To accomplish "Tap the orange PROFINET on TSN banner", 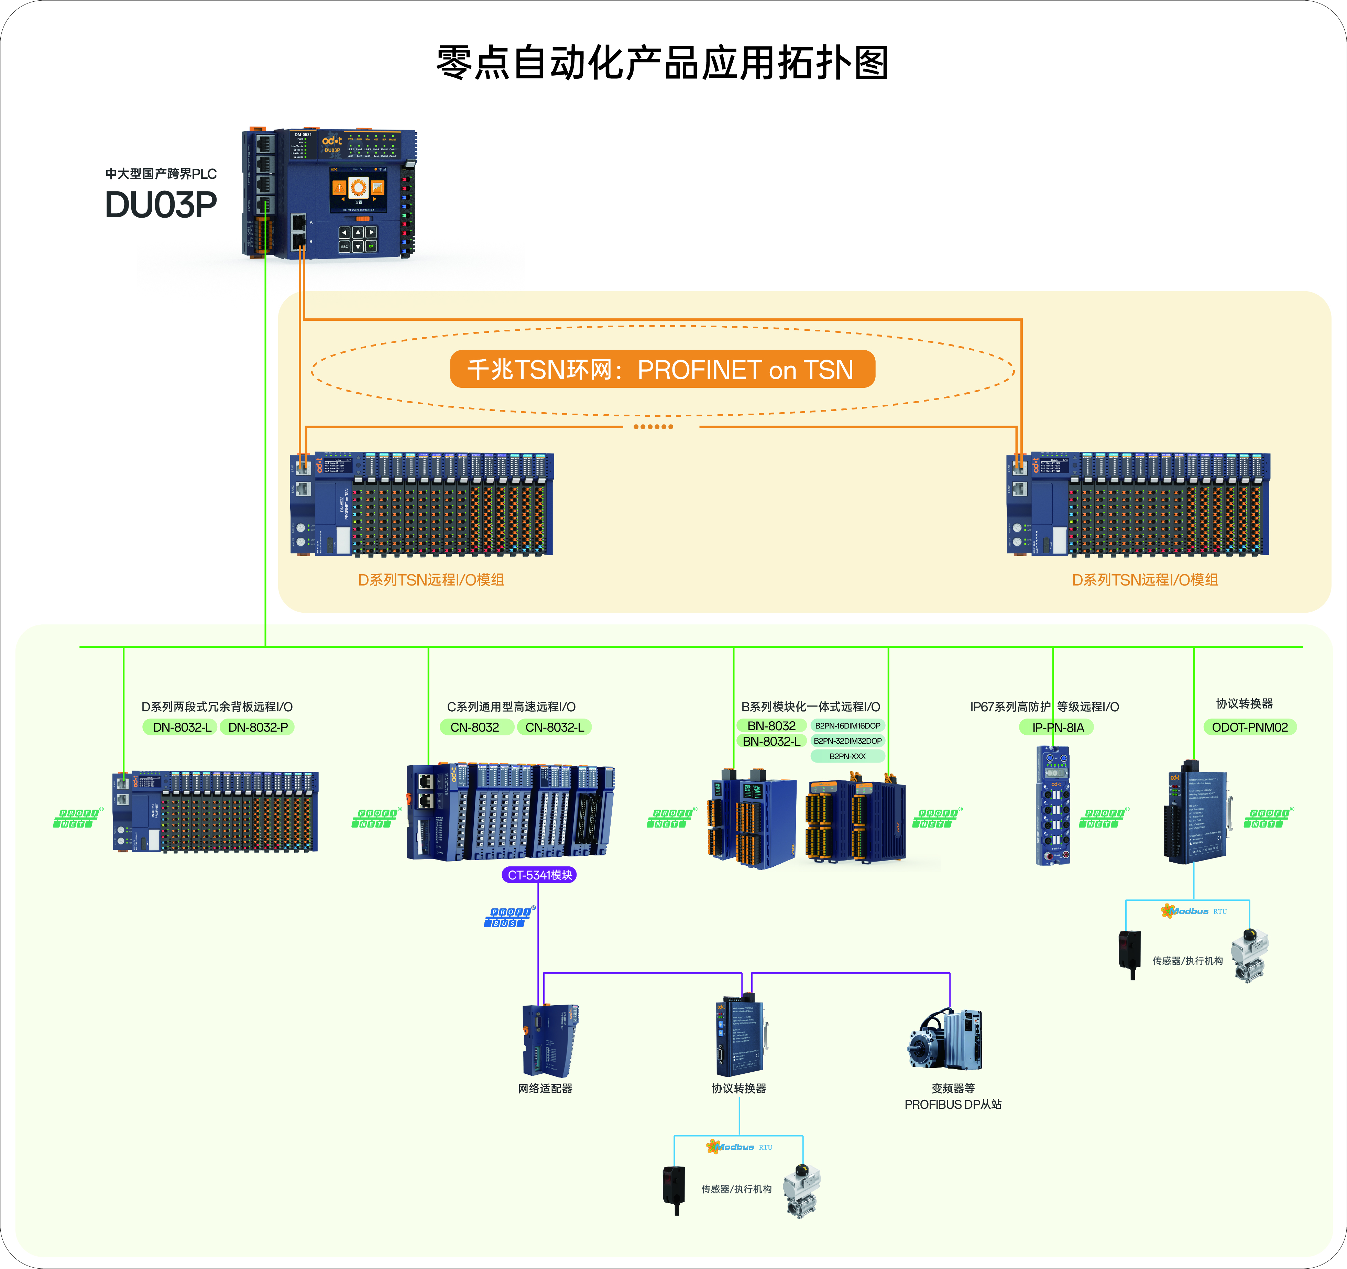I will [662, 369].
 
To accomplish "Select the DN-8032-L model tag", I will [180, 727].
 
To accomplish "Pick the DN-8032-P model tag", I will [258, 727].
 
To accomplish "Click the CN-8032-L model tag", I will [554, 727].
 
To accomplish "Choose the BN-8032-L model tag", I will [771, 741].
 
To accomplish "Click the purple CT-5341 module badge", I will [539, 875].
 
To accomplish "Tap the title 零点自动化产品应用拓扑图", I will [662, 63].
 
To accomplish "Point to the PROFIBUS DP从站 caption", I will [953, 1104].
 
